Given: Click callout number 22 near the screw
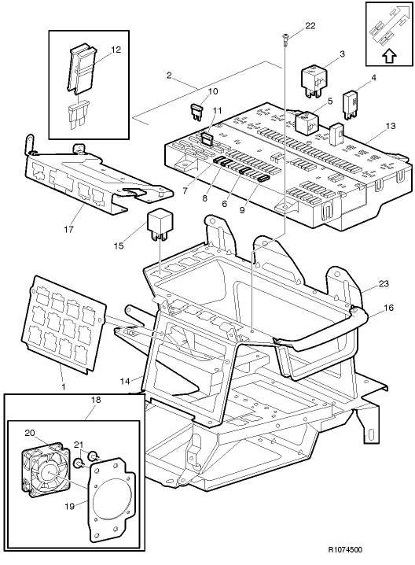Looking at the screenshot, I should tap(310, 26).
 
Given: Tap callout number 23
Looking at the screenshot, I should tap(383, 284).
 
